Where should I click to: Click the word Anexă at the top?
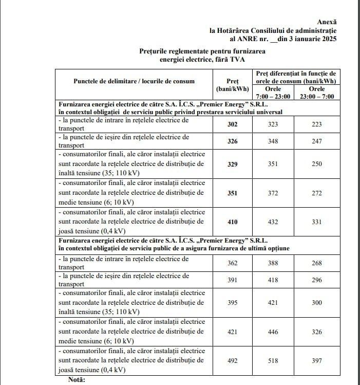click(x=327, y=22)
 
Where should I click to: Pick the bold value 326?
click(x=232, y=141)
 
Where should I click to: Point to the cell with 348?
click(x=273, y=141)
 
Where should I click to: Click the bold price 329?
click(x=232, y=164)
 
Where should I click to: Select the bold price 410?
click(x=232, y=222)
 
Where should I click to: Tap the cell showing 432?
click(x=273, y=222)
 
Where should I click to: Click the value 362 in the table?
click(x=232, y=263)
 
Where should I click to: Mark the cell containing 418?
click(x=273, y=281)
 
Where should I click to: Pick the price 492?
click(x=232, y=361)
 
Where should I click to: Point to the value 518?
click(x=273, y=361)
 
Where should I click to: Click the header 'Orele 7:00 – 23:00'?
click(x=273, y=93)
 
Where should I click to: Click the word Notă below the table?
click(x=78, y=380)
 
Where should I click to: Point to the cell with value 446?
click(x=273, y=332)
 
